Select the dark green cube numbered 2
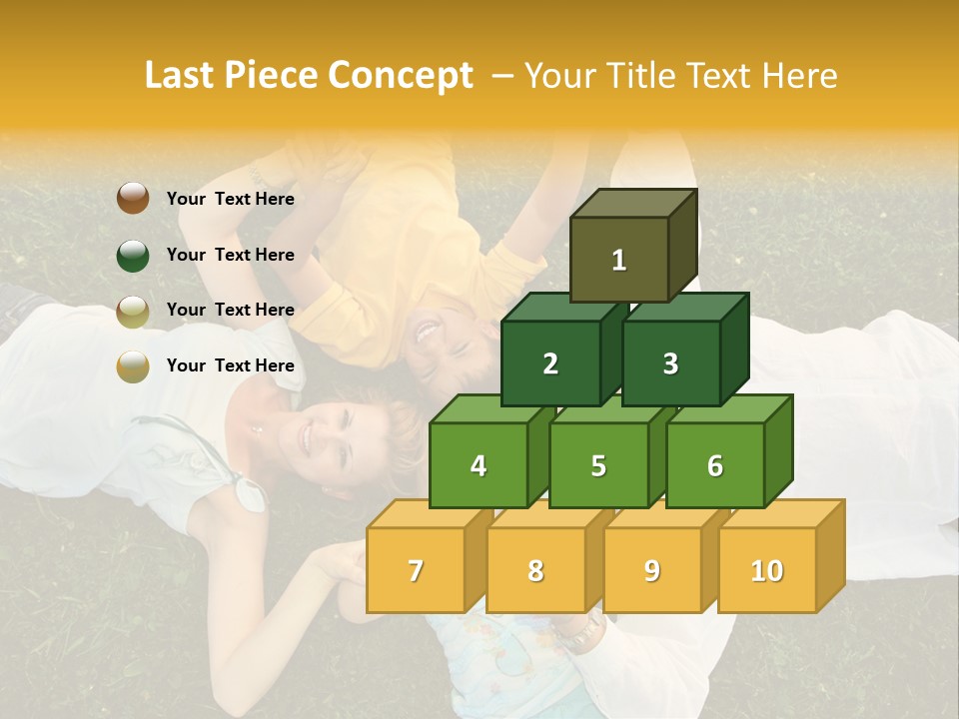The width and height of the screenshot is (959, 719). click(550, 363)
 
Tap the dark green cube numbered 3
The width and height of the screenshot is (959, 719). click(670, 363)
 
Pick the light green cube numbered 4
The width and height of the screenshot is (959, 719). click(479, 465)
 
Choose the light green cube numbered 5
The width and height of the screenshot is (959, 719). click(598, 465)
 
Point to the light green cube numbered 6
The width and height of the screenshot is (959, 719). click(715, 465)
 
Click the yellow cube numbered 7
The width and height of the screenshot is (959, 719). click(416, 570)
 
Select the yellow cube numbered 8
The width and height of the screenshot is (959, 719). click(535, 570)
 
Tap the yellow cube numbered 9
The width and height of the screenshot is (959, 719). click(652, 570)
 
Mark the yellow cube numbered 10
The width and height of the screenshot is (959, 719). click(767, 570)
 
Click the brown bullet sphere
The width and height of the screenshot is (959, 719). click(133, 199)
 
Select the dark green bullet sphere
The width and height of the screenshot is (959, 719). click(133, 255)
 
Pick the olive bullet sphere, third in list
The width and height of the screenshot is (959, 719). click(133, 311)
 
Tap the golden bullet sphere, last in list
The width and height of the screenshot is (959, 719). click(133, 366)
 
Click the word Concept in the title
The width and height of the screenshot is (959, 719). click(401, 76)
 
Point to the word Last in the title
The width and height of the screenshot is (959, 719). click(181, 76)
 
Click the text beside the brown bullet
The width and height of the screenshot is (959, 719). click(230, 199)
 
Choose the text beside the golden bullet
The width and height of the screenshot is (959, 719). click(230, 365)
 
